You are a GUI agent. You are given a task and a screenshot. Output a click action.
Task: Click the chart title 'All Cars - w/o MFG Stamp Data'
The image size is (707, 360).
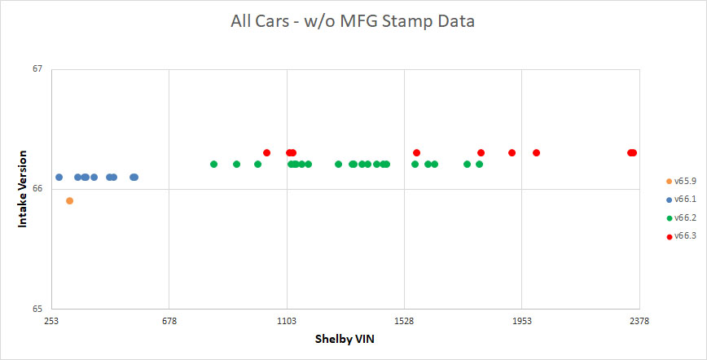[353, 22]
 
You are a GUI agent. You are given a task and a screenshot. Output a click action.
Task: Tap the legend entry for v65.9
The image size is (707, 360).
[680, 181]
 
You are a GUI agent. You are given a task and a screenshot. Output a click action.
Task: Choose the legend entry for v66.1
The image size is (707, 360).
[680, 200]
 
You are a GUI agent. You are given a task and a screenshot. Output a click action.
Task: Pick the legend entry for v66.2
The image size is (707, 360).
[680, 217]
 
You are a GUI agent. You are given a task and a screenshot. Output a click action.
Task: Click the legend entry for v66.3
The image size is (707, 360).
[680, 236]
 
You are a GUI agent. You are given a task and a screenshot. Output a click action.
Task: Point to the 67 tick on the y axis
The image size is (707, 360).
[37, 69]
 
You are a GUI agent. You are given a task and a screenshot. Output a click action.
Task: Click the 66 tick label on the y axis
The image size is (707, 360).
[37, 189]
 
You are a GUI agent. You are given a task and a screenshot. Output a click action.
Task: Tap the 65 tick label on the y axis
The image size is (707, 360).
[37, 309]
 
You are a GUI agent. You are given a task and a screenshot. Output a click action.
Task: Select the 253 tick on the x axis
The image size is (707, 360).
[51, 321]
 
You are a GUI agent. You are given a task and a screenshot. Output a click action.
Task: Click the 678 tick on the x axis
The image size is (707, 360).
[169, 321]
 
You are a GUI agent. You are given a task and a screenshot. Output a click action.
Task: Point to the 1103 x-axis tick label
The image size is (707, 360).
[287, 321]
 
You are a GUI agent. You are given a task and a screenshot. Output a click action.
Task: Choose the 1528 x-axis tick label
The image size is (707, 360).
[405, 321]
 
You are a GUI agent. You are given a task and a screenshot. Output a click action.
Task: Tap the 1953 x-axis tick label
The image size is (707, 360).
[522, 321]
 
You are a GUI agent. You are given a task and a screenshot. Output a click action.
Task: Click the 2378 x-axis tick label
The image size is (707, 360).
[639, 321]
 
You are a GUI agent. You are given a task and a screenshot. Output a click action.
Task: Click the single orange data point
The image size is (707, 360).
[69, 200]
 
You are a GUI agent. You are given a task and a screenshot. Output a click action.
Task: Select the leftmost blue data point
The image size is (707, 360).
[59, 177]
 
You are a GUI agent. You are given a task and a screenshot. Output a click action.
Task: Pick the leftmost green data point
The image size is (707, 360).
[213, 165]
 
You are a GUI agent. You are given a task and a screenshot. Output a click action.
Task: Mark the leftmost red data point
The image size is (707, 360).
[266, 152]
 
